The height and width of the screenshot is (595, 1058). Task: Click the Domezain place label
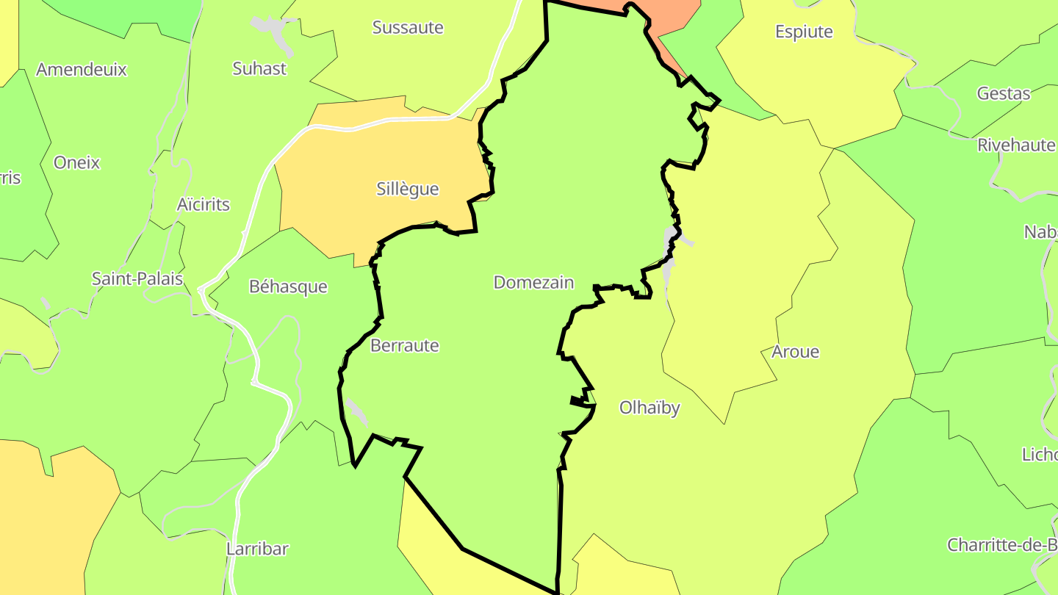point(533,283)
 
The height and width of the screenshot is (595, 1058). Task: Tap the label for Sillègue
point(408,190)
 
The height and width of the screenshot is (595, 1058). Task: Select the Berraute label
point(405,346)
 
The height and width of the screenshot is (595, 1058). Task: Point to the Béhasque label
point(288,286)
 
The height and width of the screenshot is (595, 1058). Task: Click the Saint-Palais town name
point(137,279)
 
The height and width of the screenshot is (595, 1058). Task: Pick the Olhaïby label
point(649,408)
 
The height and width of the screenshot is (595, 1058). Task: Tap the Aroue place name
point(795,353)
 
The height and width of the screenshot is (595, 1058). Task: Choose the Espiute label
point(805,32)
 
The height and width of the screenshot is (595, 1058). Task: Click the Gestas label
point(1004,94)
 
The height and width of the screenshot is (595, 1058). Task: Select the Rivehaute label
point(1016,145)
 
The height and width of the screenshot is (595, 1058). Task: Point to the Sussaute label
point(408,28)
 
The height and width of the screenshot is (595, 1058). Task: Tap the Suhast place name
point(259,69)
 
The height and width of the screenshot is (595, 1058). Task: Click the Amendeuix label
point(82,71)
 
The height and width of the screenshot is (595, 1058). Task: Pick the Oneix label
point(76,163)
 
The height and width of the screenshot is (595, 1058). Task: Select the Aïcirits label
point(204,205)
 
